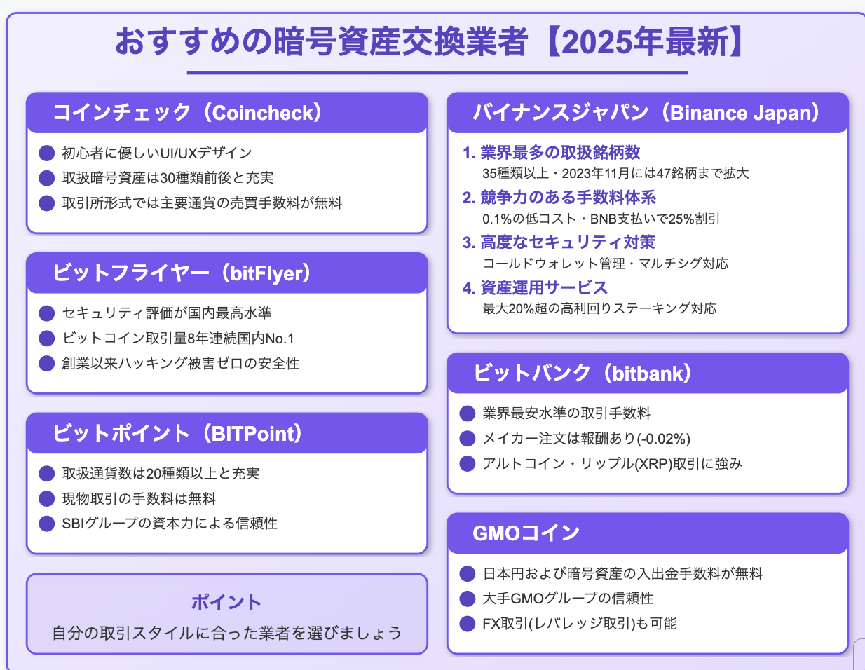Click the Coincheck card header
pyautogui.click(x=227, y=113)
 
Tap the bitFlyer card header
pyautogui.click(x=227, y=273)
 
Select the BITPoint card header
pyautogui.click(x=227, y=433)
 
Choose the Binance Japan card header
pyautogui.click(x=648, y=113)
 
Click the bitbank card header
pyautogui.click(x=648, y=373)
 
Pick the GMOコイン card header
pyautogui.click(x=648, y=533)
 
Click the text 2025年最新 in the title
pyautogui.click(x=645, y=42)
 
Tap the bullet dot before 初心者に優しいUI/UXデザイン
pyautogui.click(x=46, y=153)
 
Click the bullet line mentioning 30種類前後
pyautogui.click(x=168, y=178)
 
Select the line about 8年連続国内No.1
pyautogui.click(x=178, y=339)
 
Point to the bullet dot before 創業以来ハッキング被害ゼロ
pyautogui.click(x=46, y=363)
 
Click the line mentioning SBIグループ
pyautogui.click(x=170, y=524)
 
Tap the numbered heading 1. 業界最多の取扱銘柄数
pyautogui.click(x=552, y=152)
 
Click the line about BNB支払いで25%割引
pyautogui.click(x=601, y=219)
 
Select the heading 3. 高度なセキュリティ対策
pyautogui.click(x=559, y=242)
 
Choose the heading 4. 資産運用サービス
pyautogui.click(x=535, y=287)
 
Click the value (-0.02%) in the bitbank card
pyautogui.click(x=664, y=439)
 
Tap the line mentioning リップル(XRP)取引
pyautogui.click(x=612, y=463)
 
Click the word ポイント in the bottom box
pyautogui.click(x=226, y=602)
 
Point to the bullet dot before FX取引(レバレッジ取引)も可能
pyautogui.click(x=468, y=624)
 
